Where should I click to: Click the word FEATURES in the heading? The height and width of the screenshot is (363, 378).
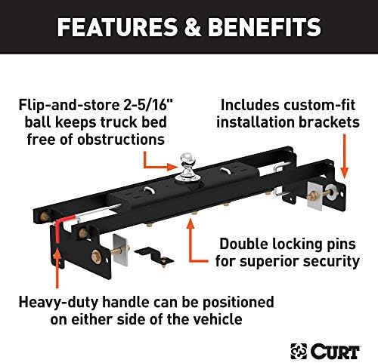point(112,28)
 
